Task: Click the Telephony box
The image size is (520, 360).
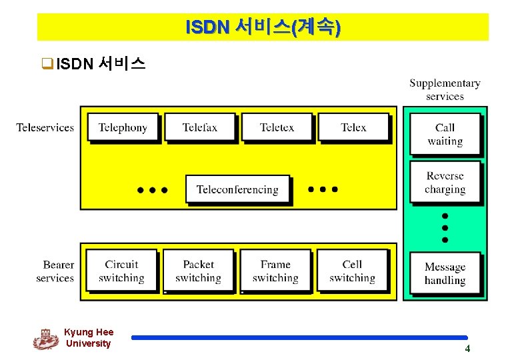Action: click(123, 127)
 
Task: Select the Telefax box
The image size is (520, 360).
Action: click(200, 127)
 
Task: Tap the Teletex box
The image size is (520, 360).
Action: click(277, 127)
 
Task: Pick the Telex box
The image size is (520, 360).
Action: click(353, 127)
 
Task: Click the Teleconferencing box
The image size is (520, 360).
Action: click(237, 190)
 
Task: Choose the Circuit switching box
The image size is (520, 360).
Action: click(121, 271)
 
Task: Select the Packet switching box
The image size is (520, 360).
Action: click(198, 271)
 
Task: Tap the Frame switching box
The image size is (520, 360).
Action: click(275, 271)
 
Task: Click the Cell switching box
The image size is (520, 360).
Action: click(352, 271)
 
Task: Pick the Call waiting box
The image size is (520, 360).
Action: click(445, 134)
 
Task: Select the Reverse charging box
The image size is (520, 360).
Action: click(445, 183)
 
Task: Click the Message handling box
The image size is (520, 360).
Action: click(445, 273)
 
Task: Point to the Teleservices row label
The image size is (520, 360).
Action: click(45, 127)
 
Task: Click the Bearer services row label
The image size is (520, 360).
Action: click(55, 271)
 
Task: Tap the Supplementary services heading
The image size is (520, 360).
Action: click(445, 89)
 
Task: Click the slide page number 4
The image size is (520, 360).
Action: click(467, 349)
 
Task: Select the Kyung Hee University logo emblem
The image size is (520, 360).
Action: click(45, 339)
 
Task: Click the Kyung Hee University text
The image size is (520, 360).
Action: click(89, 337)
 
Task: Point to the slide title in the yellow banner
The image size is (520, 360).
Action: click(263, 27)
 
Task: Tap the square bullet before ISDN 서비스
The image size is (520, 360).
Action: click(47, 65)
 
